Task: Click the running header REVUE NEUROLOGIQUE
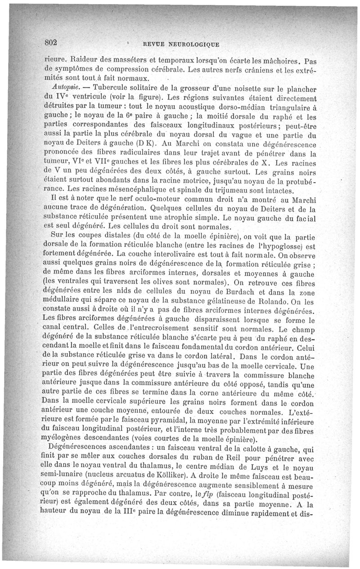180,44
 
